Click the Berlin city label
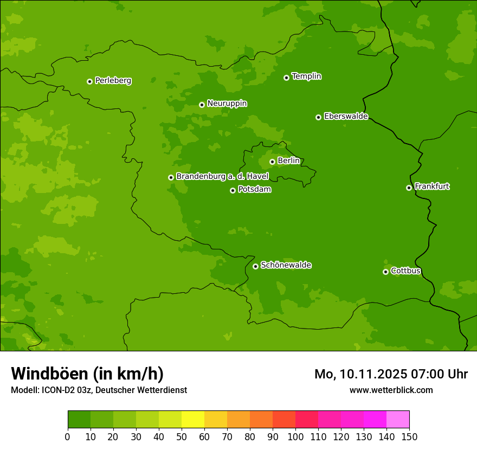pyautogui.click(x=288, y=161)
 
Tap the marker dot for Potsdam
pyautogui.click(x=233, y=190)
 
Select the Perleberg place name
pyautogui.click(x=113, y=81)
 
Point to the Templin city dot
pyautogui.click(x=286, y=78)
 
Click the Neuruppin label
pyautogui.click(x=227, y=104)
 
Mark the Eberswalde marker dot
pyautogui.click(x=318, y=117)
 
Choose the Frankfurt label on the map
pyautogui.click(x=431, y=187)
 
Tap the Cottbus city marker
pyautogui.click(x=385, y=272)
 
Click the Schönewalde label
pyautogui.click(x=286, y=265)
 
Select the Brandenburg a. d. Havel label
pyautogui.click(x=222, y=177)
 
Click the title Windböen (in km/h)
pyautogui.click(x=87, y=374)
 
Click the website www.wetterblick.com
pyautogui.click(x=391, y=390)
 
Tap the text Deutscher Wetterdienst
pyautogui.click(x=141, y=390)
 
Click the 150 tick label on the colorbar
pyautogui.click(x=409, y=436)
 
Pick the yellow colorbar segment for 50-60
pyautogui.click(x=193, y=420)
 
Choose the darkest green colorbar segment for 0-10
pyautogui.click(x=79, y=420)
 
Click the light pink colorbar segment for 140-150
pyautogui.click(x=398, y=420)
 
